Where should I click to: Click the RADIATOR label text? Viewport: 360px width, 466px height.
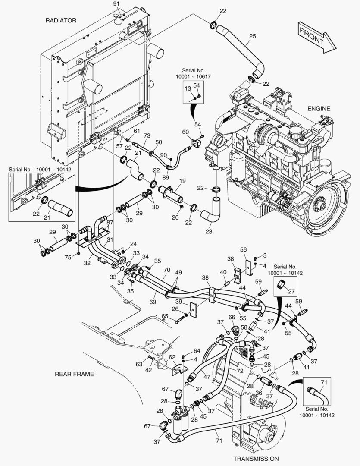pos(61,20)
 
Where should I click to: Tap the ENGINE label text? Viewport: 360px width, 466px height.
pos(319,109)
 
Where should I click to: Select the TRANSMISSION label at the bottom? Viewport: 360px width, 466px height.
pos(256,459)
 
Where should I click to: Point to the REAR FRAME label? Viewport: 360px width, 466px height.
pos(74,374)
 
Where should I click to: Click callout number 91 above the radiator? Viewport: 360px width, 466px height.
pos(116,4)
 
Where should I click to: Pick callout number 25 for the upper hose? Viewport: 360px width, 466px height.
pos(252,36)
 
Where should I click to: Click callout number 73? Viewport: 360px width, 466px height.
pos(147,136)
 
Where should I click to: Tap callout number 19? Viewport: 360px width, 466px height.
pos(182,181)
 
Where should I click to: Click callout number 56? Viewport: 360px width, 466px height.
pos(243,249)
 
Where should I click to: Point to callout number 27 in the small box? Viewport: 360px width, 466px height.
pos(291,292)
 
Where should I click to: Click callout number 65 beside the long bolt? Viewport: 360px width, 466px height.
pos(164,317)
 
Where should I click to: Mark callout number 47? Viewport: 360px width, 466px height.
pos(207,377)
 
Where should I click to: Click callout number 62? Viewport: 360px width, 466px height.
pos(172,357)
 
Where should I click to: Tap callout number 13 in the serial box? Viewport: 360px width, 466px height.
pos(188,88)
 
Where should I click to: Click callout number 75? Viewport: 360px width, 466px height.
pos(68,258)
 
